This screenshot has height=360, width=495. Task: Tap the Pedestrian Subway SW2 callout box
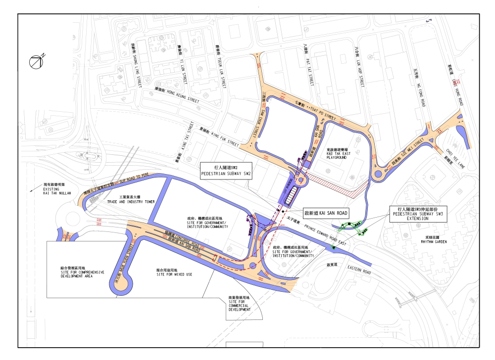(226, 171)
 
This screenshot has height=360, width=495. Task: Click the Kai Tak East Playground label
(339, 153)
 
